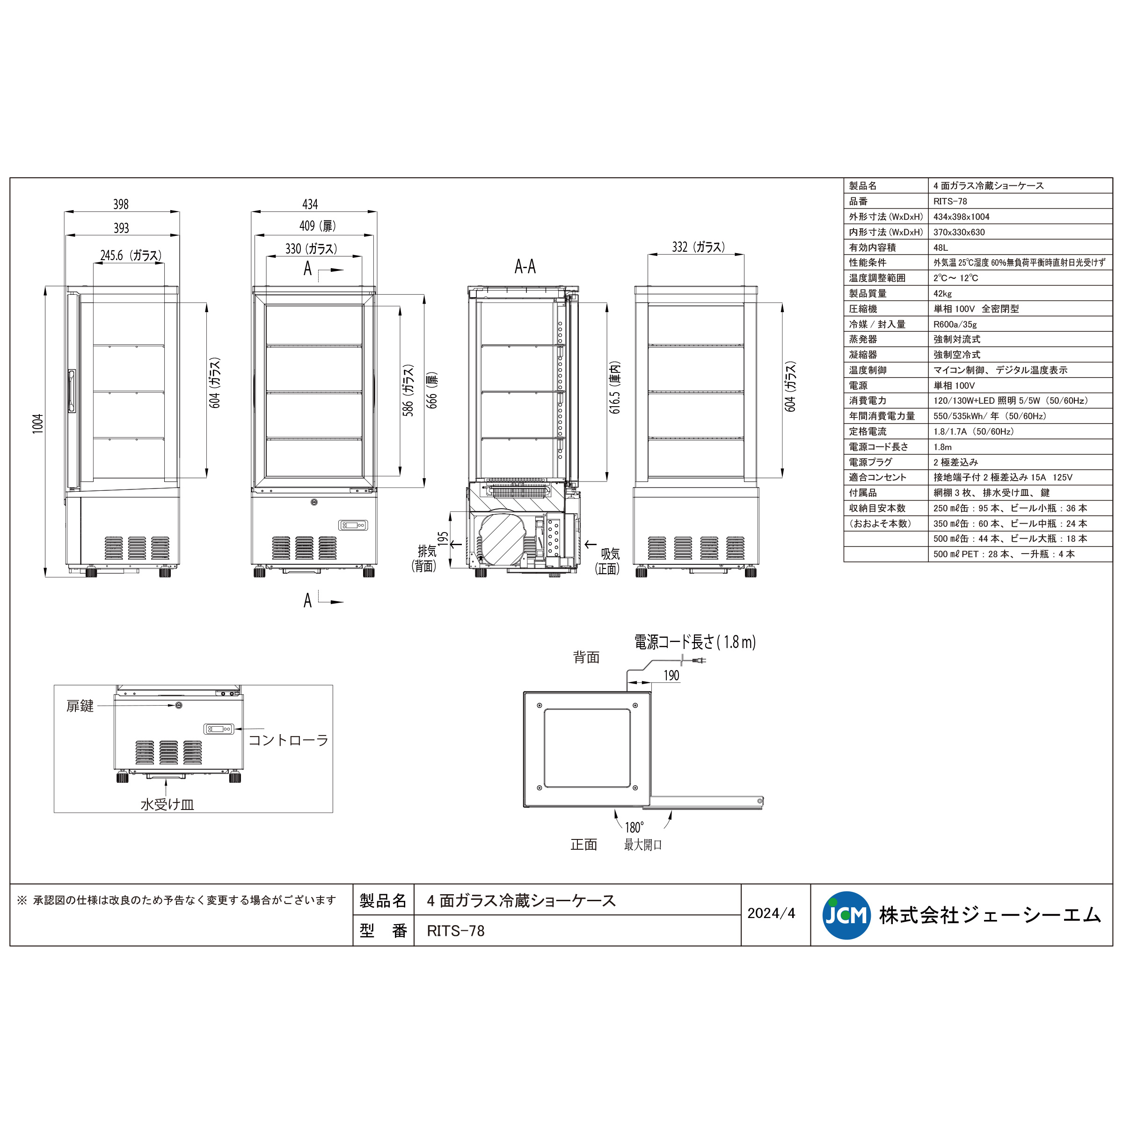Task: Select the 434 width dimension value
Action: (310, 204)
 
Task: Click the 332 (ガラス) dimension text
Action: (698, 247)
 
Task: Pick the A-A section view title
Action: (525, 267)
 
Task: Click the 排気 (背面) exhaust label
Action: (424, 558)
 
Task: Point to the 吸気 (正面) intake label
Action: (607, 561)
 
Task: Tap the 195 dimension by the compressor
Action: (443, 540)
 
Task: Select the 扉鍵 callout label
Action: (80, 706)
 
